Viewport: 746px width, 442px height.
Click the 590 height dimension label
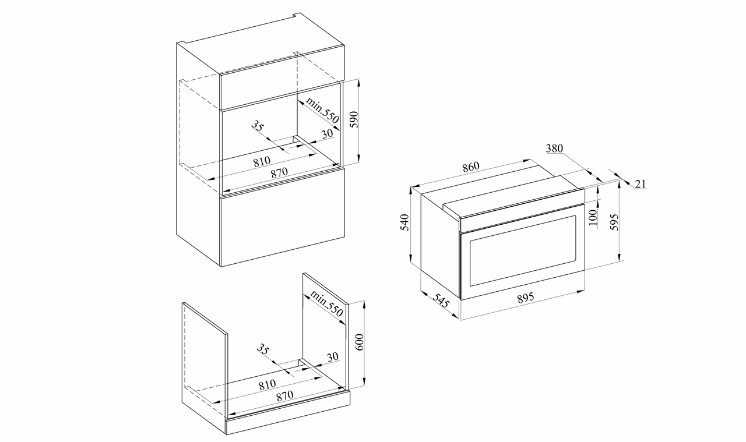pos(354,119)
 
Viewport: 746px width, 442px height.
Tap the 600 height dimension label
pos(360,342)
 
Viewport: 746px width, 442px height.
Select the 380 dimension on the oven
pos(554,148)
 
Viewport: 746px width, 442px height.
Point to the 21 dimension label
pos(640,183)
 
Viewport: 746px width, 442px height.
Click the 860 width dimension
pos(470,167)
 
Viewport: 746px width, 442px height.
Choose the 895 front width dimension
pos(526,297)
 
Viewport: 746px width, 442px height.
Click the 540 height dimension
pos(404,222)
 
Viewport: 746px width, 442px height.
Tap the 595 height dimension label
pos(614,222)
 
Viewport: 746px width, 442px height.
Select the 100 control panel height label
pos(593,217)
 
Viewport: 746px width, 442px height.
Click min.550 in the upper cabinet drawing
pos(322,110)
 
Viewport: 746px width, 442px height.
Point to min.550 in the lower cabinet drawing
pos(326,303)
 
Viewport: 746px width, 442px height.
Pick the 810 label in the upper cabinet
pos(262,162)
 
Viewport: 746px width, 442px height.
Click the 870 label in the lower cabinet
pos(285,395)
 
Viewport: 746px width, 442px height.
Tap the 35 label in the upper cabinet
pos(258,126)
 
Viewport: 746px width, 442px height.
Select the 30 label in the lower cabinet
pos(332,357)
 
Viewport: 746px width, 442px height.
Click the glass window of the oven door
pos(523,250)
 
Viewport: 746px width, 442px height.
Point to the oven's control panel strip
pos(522,210)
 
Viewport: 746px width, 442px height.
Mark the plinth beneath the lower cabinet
pos(288,413)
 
